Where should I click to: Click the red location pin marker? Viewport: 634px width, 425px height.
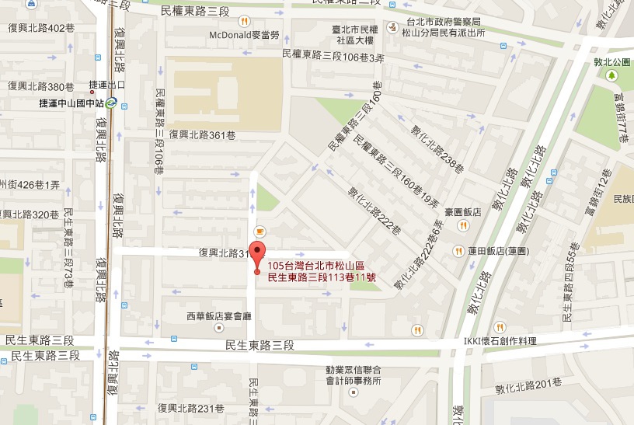click(259, 256)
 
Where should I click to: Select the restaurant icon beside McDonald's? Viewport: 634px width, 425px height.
click(244, 21)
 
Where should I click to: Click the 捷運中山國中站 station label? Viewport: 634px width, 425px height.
click(71, 102)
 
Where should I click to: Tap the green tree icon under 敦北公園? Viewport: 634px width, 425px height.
click(611, 75)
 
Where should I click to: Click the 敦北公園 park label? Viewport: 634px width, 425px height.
click(611, 61)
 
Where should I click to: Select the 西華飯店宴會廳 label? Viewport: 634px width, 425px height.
click(217, 316)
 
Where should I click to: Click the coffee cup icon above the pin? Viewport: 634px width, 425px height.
click(260, 231)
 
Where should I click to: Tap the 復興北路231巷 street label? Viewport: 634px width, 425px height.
click(190, 408)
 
